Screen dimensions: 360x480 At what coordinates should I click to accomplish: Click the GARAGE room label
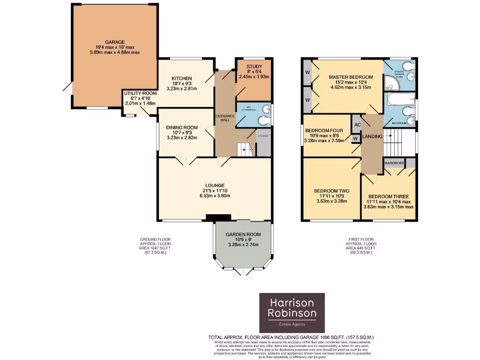pos(115,42)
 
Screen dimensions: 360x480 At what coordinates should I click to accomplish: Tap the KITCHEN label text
pos(180,78)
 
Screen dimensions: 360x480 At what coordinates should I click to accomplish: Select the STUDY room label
pos(254,67)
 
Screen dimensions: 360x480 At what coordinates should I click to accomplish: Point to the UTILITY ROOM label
pos(140,93)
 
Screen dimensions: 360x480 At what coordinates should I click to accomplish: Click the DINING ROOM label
pos(182,127)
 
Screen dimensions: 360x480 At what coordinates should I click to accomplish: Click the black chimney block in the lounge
pos(218,217)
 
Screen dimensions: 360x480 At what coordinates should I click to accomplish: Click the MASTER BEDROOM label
pos(351,77)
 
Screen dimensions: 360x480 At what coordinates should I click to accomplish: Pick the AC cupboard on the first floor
pos(357,125)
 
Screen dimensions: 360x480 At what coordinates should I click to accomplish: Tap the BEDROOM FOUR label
pos(324,130)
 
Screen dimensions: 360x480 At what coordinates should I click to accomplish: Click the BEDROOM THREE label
pos(388,196)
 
